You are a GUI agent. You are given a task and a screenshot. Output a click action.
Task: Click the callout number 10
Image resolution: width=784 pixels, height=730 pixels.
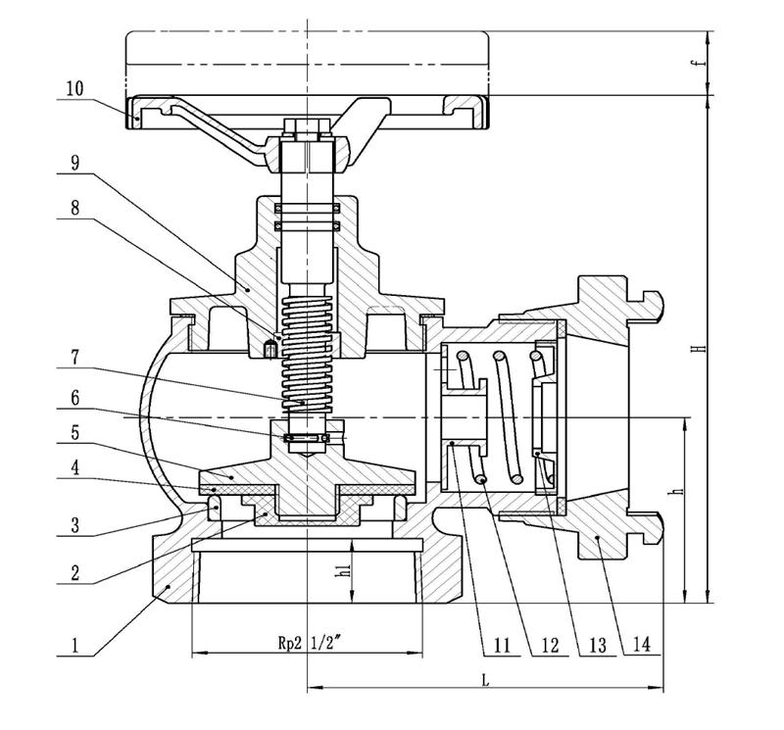coord(75,88)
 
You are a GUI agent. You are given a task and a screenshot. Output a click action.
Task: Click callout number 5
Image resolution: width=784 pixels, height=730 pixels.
coord(75,430)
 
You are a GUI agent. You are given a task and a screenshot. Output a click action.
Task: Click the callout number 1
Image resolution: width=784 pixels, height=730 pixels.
coord(75,645)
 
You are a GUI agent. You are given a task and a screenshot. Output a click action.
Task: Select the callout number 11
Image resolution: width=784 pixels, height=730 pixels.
coord(501,645)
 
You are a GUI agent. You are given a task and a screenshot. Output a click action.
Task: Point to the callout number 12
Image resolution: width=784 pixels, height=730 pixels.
coord(549,645)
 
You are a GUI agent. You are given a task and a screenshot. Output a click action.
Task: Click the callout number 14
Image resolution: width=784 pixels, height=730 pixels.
coord(642,645)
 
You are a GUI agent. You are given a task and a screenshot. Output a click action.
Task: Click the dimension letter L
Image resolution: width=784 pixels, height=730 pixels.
coord(485,679)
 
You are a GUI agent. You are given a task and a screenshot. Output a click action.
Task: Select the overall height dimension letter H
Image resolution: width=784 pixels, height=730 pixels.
coord(697,349)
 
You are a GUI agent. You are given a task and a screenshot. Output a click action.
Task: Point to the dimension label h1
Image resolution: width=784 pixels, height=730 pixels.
coord(342,571)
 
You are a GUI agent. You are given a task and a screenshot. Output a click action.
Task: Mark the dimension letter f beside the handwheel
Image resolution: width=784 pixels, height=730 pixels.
coord(697,64)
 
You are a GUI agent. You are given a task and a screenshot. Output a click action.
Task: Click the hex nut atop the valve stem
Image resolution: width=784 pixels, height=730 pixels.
coord(309,128)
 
